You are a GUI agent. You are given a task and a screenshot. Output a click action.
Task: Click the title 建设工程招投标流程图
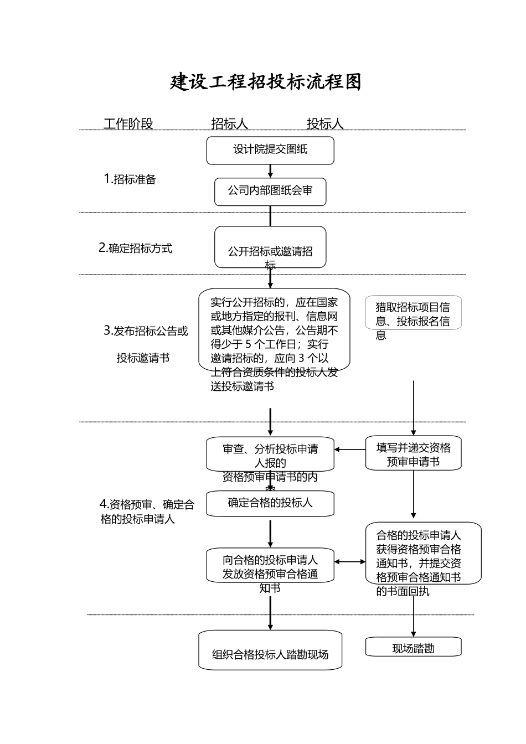coord(266,82)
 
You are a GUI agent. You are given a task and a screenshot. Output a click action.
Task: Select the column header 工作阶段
coord(128,123)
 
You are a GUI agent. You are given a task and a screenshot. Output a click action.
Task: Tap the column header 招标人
coord(229,123)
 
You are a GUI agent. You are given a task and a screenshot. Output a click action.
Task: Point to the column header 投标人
coord(325,123)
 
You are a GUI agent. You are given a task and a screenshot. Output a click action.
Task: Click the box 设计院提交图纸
coord(270,150)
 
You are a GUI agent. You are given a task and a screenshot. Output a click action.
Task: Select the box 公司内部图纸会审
coord(270,192)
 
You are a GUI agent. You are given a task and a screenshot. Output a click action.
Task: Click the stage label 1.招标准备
coord(130,179)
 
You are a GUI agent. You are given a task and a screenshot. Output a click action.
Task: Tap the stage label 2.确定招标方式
coord(136,248)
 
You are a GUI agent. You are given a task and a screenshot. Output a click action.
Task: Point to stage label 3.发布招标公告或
coord(146,331)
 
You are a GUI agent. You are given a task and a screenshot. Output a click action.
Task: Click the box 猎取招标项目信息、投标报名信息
coord(413,313)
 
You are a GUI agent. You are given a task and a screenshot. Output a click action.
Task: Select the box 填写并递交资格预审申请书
coord(413,454)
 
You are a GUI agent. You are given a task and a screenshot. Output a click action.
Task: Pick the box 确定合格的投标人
coord(270,503)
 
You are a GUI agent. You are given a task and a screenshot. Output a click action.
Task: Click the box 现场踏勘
coord(413,648)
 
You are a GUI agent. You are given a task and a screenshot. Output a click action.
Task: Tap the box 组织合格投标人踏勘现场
coord(270,650)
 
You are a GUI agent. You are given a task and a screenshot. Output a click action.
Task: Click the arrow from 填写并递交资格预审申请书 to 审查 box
coord(350,449)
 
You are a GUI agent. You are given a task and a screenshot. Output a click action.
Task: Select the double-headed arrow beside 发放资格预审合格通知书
coord(350,562)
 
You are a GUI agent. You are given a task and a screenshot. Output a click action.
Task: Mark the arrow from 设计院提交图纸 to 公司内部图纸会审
coord(270,171)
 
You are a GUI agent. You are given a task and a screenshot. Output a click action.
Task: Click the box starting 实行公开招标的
coord(274,330)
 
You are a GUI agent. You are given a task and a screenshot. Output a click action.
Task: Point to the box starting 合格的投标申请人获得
coord(423,554)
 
